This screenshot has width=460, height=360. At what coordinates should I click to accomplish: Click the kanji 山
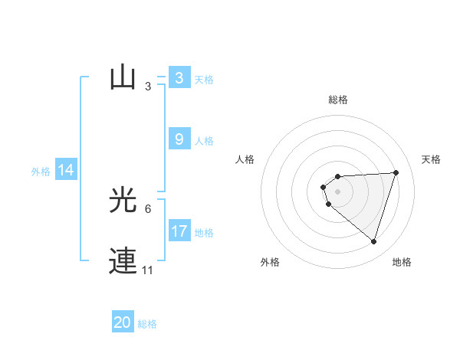pos(123,78)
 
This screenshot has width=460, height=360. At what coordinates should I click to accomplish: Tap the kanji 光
pos(123,201)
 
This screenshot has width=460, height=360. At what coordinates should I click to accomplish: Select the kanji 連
pos(123,262)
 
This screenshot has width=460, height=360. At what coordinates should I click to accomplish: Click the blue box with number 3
pos(179,78)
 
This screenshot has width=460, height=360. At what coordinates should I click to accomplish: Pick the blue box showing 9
pos(179,139)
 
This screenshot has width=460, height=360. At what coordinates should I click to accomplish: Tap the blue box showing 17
pos(179,231)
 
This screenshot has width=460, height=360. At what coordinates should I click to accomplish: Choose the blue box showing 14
pos(66,171)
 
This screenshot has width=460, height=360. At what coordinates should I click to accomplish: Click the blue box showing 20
pos(123,322)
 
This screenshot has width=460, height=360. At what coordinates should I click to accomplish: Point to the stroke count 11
pos(147,270)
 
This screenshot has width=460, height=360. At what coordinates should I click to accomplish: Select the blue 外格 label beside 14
pos(41,172)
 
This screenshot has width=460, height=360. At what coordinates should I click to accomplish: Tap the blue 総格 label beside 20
pos(147,324)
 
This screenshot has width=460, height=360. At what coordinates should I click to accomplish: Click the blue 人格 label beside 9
pos(204,141)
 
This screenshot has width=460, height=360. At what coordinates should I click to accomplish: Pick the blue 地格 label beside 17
pos(204,233)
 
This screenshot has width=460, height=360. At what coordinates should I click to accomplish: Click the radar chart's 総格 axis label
pos(338,100)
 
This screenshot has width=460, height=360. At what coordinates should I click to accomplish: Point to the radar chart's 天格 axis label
pos(431,159)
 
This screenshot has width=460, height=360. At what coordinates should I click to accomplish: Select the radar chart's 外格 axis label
pos(270,262)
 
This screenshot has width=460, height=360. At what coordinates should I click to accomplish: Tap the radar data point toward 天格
pos(396,172)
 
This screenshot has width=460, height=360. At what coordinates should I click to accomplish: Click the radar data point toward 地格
pos(373,241)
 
